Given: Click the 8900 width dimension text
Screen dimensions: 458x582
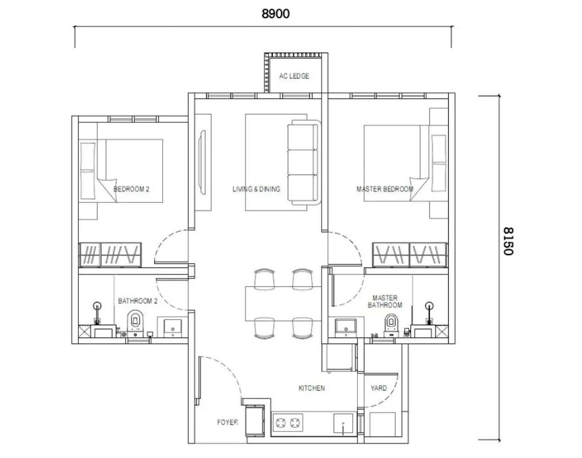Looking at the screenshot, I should click(x=275, y=14).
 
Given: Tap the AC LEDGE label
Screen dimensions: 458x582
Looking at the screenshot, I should click(x=294, y=76).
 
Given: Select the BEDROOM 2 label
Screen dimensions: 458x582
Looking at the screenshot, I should click(x=132, y=189).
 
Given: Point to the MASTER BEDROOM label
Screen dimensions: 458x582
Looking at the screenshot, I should click(x=385, y=189).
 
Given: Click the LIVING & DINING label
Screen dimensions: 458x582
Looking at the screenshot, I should click(x=256, y=189).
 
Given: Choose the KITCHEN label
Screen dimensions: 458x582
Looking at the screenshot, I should click(x=312, y=388).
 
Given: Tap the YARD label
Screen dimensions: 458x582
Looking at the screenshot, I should click(x=379, y=388).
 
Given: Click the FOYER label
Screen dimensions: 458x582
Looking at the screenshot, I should click(x=227, y=422).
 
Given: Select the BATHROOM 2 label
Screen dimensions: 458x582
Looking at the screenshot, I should click(x=138, y=301).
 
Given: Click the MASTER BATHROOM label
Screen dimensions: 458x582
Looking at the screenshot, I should click(x=385, y=301).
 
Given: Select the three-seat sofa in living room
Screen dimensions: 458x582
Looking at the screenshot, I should click(x=302, y=162).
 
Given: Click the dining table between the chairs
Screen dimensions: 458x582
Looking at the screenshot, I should click(x=284, y=304).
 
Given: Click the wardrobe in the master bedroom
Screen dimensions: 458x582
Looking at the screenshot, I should click(x=410, y=255).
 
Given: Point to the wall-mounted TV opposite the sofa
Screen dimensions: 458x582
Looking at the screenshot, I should click(x=202, y=162).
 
